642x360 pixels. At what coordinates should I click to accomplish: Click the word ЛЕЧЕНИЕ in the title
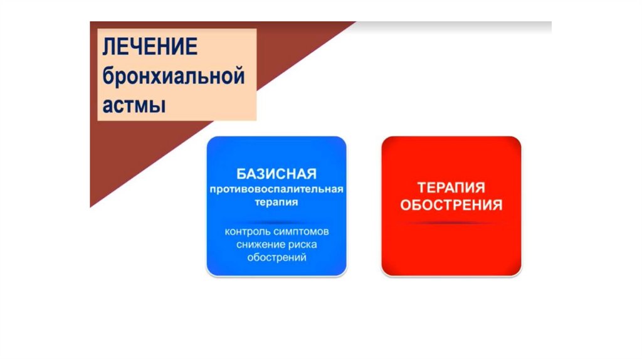(150, 46)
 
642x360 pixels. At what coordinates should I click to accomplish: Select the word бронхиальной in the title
(174, 76)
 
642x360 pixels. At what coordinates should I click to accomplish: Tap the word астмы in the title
(134, 105)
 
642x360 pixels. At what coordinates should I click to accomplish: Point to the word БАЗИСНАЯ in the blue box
(276, 174)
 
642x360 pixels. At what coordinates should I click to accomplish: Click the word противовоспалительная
(276, 189)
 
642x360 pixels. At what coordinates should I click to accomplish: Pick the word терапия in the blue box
(276, 203)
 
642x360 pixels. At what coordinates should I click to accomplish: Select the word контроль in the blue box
(248, 232)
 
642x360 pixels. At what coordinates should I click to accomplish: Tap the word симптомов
(301, 232)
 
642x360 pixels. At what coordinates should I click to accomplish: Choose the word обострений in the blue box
(276, 258)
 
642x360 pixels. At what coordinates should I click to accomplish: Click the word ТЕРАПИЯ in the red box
(451, 188)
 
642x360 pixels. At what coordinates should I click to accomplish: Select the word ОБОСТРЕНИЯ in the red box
(451, 205)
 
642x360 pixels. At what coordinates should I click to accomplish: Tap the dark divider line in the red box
(451, 223)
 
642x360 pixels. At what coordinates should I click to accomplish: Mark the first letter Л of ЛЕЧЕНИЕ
(108, 46)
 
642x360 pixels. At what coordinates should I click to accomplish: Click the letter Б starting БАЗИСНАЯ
(241, 174)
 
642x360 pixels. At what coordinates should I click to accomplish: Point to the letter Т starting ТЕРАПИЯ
(422, 188)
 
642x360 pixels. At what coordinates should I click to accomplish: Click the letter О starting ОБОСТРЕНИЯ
(406, 205)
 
